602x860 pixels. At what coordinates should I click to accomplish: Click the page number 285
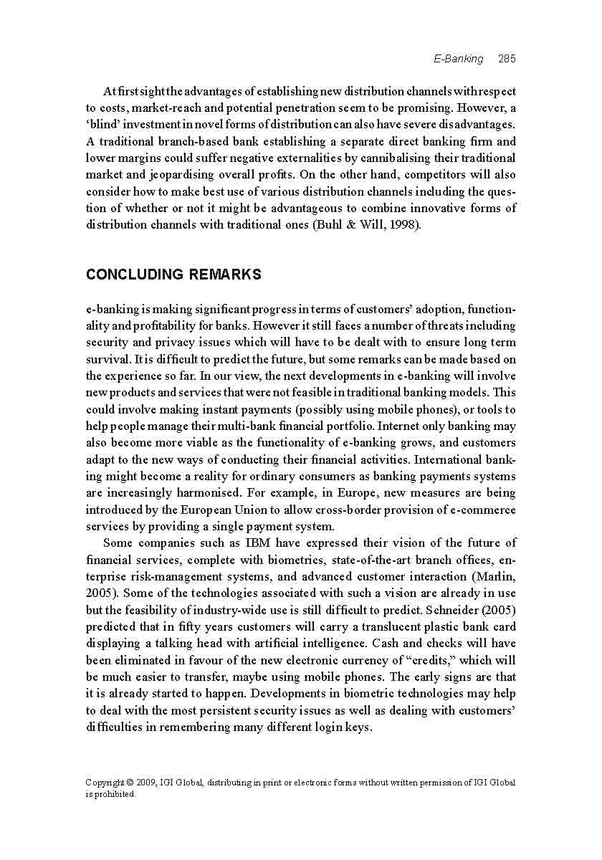pyautogui.click(x=507, y=59)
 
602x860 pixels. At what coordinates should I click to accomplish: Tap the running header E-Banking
pyautogui.click(x=459, y=59)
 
